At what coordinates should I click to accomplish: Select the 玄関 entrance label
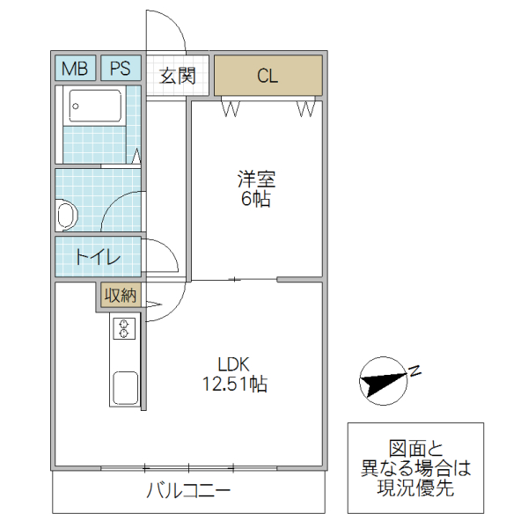[177, 76]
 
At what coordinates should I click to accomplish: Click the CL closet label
[268, 76]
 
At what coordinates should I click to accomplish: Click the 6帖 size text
[256, 200]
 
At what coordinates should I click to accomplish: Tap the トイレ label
[97, 257]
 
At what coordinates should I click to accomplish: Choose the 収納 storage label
[120, 296]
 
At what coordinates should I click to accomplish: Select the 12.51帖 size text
[235, 384]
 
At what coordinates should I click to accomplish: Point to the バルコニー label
[187, 492]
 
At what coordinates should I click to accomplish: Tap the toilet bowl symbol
[66, 214]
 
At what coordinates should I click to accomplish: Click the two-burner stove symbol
[124, 329]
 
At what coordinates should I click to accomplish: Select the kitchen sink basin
[123, 387]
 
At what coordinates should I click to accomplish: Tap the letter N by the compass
[415, 370]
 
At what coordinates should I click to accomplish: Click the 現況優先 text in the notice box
[416, 489]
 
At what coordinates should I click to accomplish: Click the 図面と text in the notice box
[416, 448]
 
